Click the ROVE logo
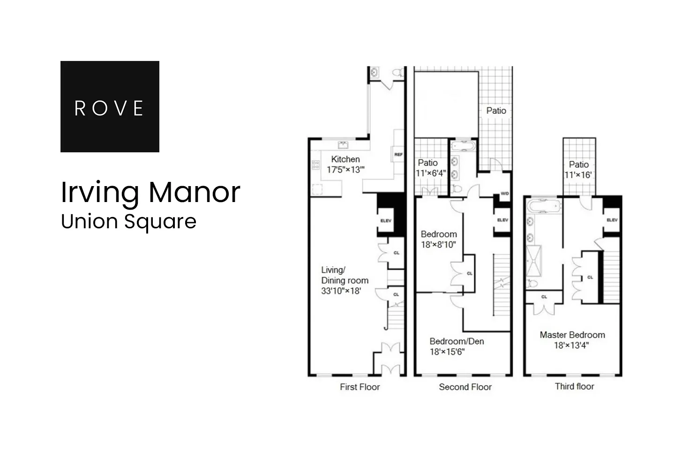tap(110, 107)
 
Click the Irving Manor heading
tap(150, 192)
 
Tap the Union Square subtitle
tap(128, 221)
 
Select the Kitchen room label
tap(345, 159)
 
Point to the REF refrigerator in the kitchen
tap(398, 154)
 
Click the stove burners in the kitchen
tap(316, 165)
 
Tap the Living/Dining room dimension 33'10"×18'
tap(341, 291)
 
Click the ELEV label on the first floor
tap(386, 221)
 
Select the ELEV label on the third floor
tap(612, 220)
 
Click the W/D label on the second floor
tap(504, 194)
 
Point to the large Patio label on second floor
tap(496, 111)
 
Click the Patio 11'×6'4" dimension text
tap(431, 173)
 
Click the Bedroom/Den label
tap(457, 341)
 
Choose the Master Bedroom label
tap(572, 335)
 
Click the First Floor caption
tap(360, 387)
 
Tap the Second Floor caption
tap(465, 387)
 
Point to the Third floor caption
tap(574, 387)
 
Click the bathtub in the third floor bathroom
tap(544, 206)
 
